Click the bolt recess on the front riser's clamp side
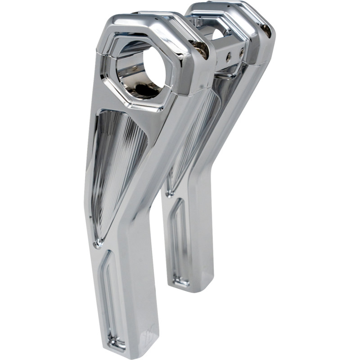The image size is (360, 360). (202, 50)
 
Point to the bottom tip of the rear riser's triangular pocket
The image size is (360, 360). (169, 193)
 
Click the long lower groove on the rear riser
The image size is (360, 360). (179, 243)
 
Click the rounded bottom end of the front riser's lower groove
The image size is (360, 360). (118, 344)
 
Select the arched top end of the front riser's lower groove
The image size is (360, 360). (108, 256)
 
